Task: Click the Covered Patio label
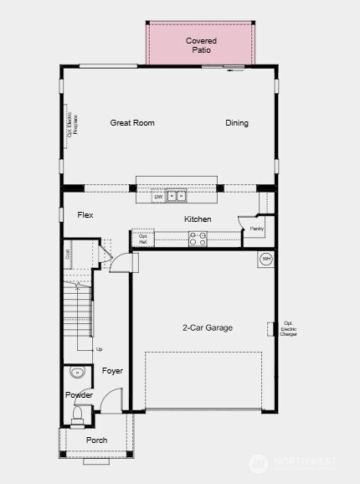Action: tap(201, 45)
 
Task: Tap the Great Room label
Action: tap(132, 123)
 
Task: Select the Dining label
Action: tap(237, 123)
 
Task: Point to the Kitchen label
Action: tap(198, 219)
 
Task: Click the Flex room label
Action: tap(85, 215)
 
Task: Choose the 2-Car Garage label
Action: tap(208, 327)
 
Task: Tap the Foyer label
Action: tap(112, 370)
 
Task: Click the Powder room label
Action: tap(80, 395)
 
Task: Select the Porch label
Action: tap(96, 440)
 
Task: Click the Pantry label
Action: tap(256, 228)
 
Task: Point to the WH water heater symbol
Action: tap(267, 259)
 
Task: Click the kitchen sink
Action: tap(176, 197)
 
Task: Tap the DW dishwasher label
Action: tap(157, 198)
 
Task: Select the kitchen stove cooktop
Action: tap(198, 239)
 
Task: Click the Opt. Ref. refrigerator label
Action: tap(143, 239)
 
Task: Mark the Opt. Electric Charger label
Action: tap(289, 330)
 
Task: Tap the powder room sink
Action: tap(78, 373)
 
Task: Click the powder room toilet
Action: tap(79, 412)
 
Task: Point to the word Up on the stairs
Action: tap(99, 349)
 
